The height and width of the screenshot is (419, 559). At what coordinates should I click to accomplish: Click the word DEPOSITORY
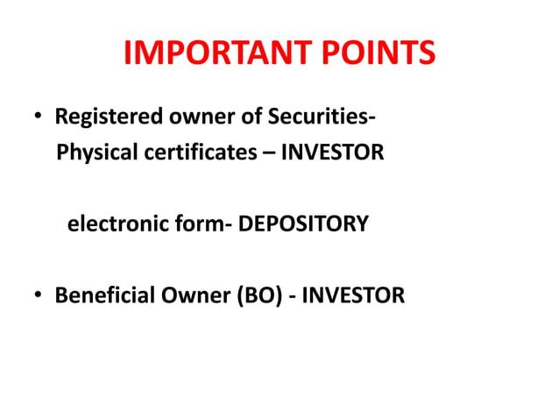pos(303,224)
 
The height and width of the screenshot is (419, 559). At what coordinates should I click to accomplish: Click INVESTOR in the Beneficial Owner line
pos(354,296)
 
